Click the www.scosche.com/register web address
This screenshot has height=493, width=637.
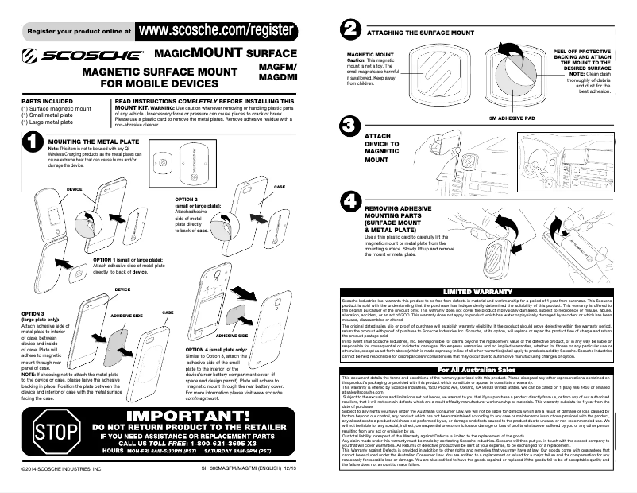pyautogui.click(x=217, y=30)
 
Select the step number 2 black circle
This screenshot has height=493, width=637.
pyautogui.click(x=348, y=30)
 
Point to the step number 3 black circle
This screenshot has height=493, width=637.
pyautogui.click(x=348, y=126)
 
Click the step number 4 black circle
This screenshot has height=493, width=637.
pyautogui.click(x=348, y=201)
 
